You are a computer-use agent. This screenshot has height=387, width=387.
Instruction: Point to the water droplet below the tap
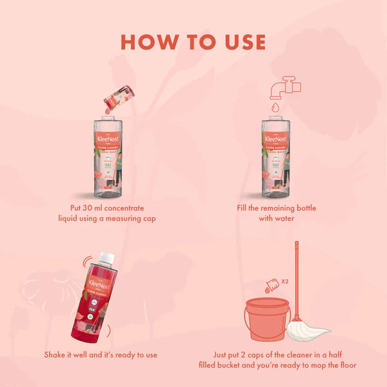[x=275, y=107]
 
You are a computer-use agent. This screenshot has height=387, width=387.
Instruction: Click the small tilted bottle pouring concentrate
[x=121, y=98]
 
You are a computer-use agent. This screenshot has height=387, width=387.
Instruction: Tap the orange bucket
[x=265, y=318]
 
